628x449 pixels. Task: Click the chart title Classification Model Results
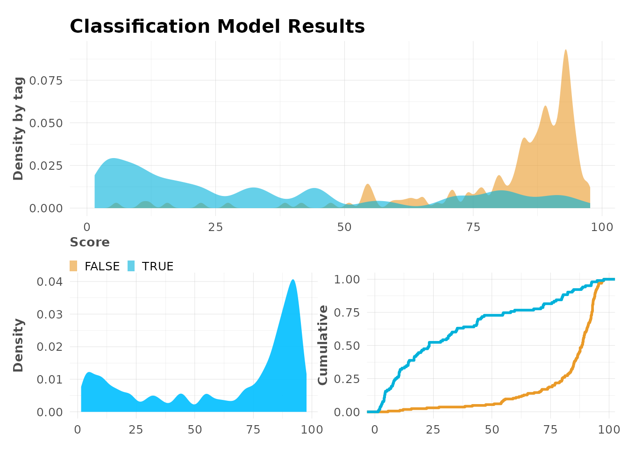[x=217, y=27]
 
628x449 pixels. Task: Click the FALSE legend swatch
[x=73, y=266]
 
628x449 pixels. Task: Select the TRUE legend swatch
[x=131, y=266]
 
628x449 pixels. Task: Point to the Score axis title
[x=90, y=242]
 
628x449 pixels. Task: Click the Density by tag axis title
[x=18, y=129]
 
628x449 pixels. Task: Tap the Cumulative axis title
[x=323, y=345]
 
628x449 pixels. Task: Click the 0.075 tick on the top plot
[x=46, y=80]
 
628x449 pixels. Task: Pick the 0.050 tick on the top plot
[x=46, y=123]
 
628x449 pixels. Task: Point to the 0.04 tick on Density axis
[x=50, y=282]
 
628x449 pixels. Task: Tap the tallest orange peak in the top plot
[x=565, y=51]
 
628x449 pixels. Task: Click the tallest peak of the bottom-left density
[x=293, y=280]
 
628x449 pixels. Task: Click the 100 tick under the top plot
[x=602, y=227]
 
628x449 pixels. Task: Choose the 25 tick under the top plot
[x=215, y=227]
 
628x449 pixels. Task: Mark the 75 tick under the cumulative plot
[x=550, y=429]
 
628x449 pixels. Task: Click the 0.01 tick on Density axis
[x=50, y=379]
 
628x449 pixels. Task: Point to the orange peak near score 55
[x=368, y=185]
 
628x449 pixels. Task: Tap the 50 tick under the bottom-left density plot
[x=195, y=429]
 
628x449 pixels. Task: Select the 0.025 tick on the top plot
[x=46, y=166]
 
